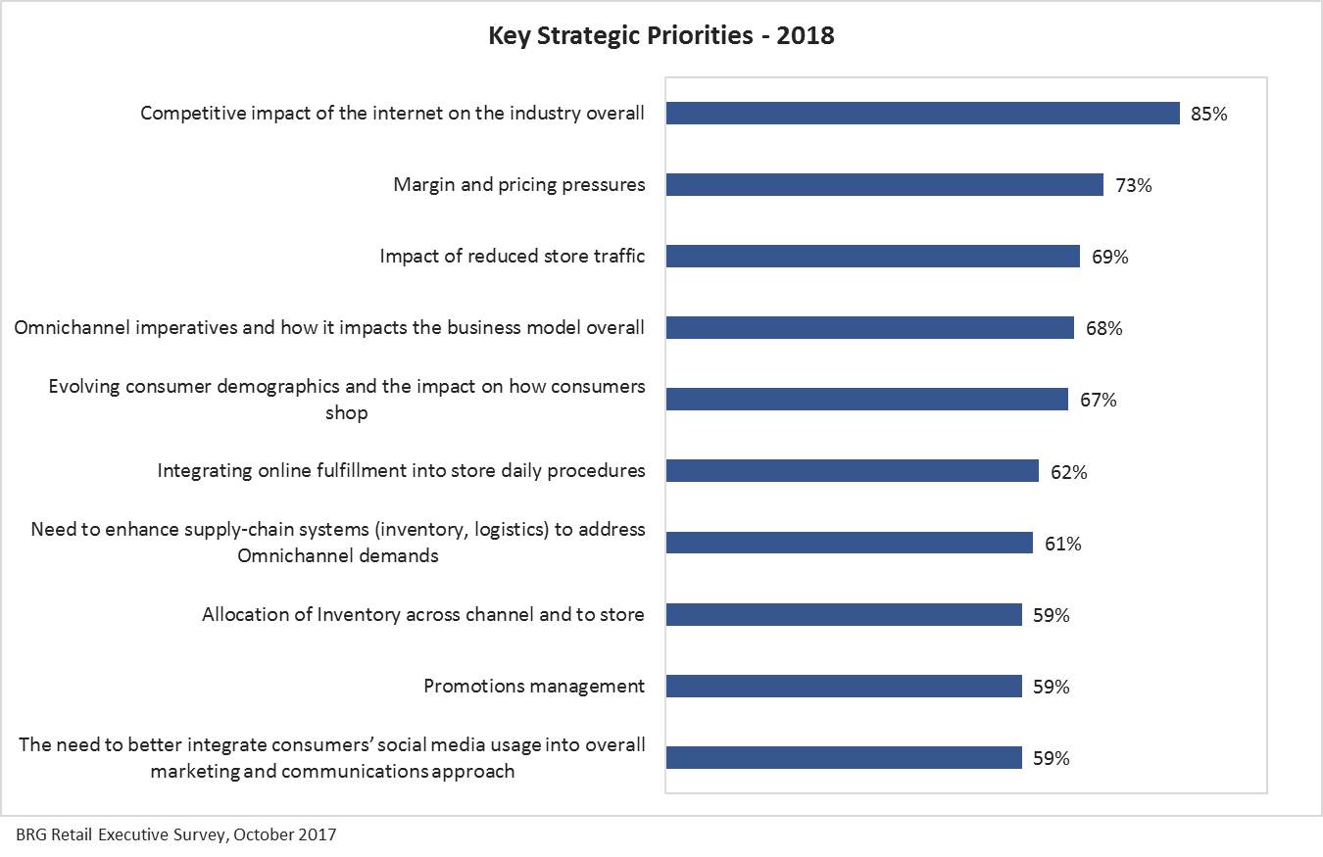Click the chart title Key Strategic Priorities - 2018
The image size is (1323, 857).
point(661,37)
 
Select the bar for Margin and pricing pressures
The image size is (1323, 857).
point(884,185)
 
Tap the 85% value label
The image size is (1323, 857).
point(1208,114)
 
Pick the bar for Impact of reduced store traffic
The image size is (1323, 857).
point(872,257)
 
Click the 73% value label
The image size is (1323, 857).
point(1133,185)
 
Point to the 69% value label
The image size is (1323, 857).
point(1109,258)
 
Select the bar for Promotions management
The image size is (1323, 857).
point(843,687)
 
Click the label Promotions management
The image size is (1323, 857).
point(534,687)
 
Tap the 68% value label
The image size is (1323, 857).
point(1103,329)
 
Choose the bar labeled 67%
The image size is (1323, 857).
point(866,400)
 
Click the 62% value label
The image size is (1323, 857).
point(1068,472)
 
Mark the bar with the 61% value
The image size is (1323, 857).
point(849,543)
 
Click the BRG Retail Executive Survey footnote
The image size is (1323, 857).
point(175,835)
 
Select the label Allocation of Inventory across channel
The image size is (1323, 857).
point(423,615)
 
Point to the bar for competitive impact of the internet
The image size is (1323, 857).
point(922,114)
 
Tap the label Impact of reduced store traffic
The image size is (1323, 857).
point(513,257)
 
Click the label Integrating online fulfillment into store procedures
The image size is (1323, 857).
point(402,471)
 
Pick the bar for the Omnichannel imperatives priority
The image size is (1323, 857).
point(869,328)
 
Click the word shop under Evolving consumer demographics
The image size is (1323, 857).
point(347,413)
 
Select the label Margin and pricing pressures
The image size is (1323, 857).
point(519,185)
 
